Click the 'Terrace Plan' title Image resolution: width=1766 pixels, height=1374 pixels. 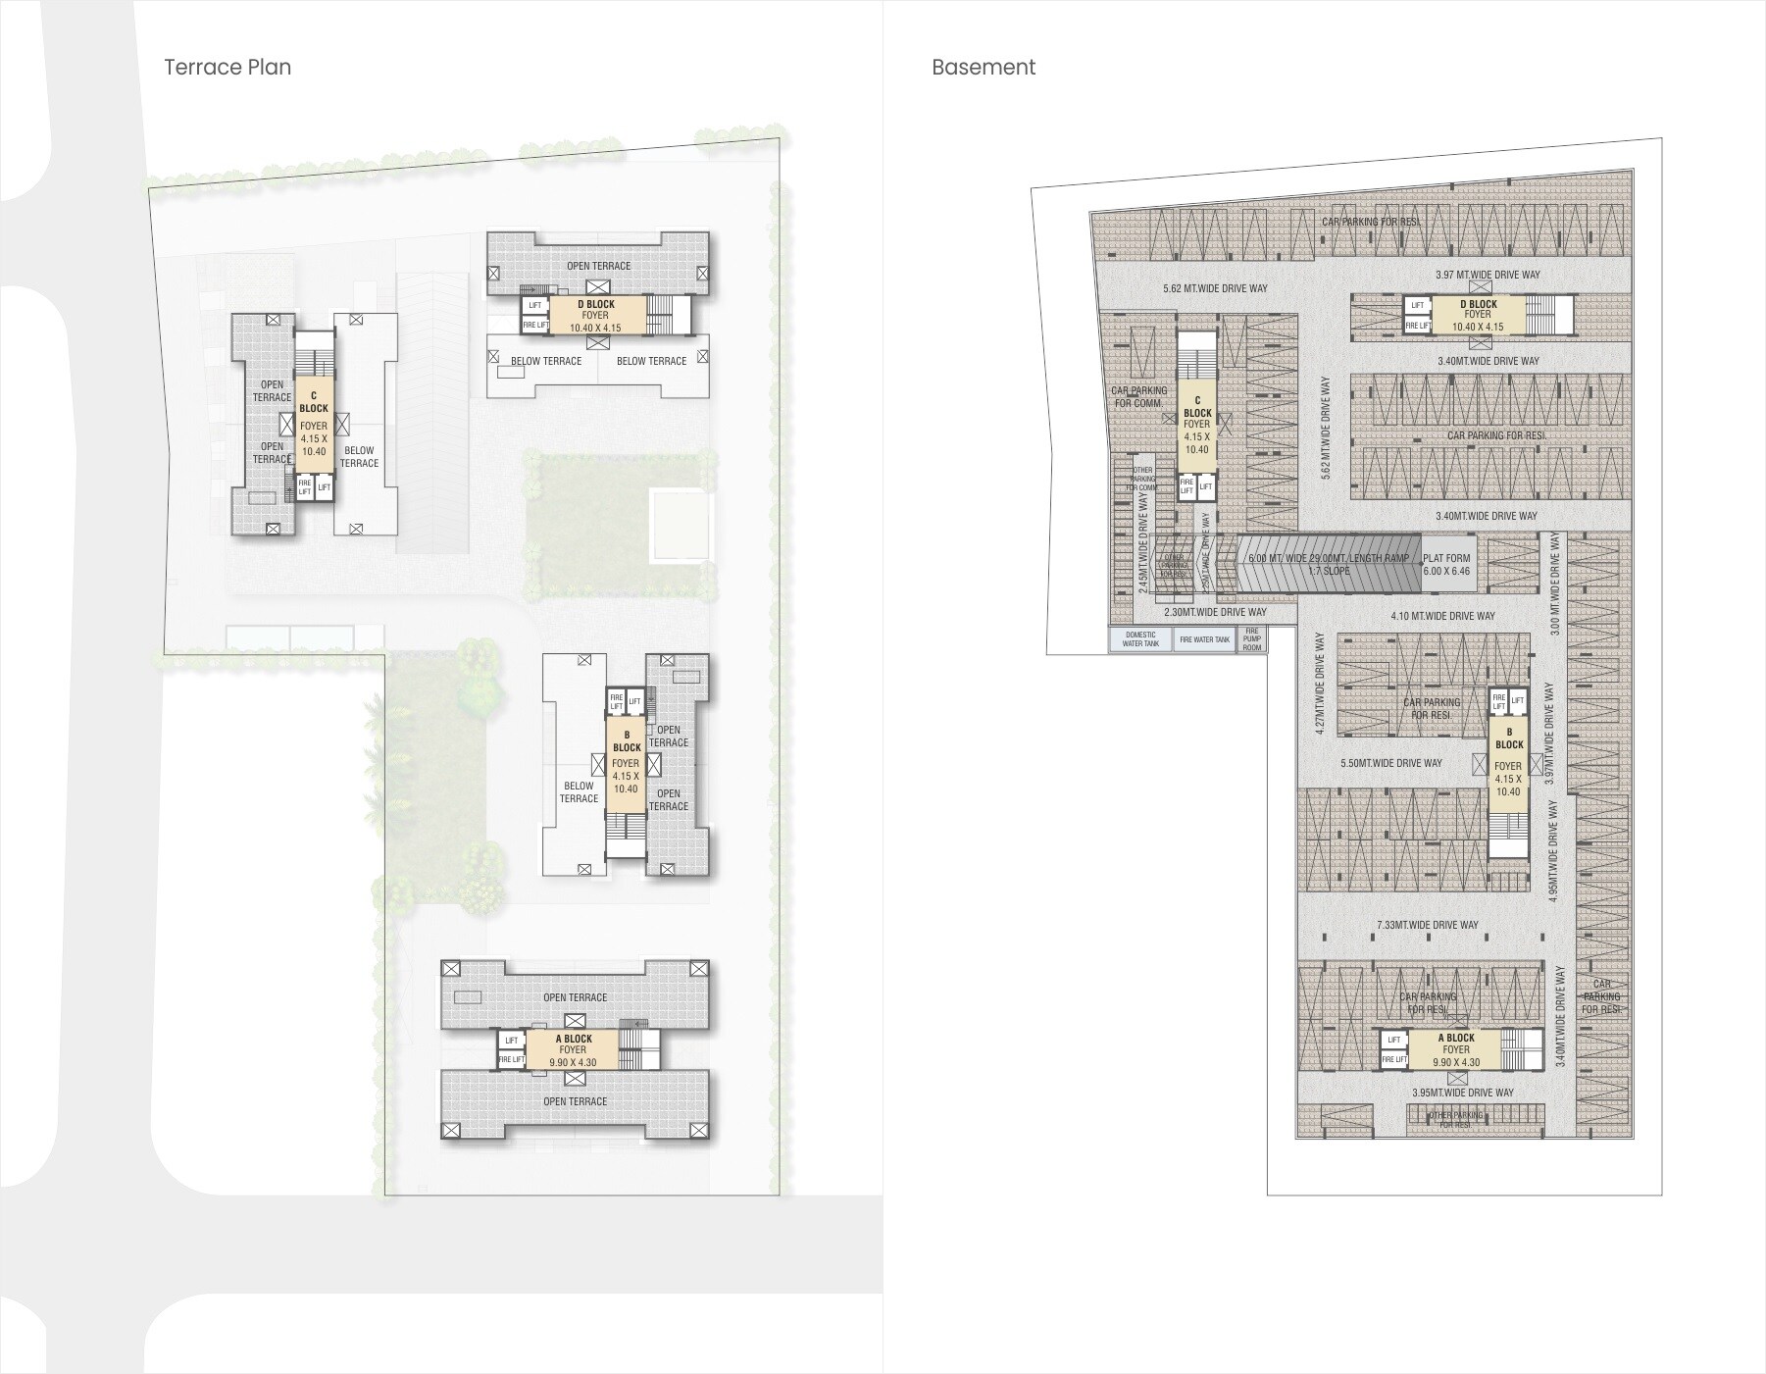(227, 67)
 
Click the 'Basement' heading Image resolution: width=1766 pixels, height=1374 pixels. (983, 67)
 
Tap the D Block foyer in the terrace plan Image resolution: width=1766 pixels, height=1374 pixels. (596, 316)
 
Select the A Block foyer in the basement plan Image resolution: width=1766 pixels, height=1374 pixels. (1455, 1049)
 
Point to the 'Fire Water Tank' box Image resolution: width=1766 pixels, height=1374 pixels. (1204, 639)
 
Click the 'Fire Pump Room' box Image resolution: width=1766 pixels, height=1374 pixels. (1252, 639)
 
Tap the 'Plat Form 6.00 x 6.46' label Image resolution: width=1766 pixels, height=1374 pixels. (1447, 564)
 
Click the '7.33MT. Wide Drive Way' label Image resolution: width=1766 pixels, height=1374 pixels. (1427, 925)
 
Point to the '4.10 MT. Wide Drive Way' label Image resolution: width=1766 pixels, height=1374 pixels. (1442, 616)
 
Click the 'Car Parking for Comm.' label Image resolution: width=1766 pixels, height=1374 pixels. (1138, 396)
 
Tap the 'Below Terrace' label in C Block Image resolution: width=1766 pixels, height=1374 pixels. (359, 457)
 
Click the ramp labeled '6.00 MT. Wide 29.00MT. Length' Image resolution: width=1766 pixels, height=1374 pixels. (1328, 564)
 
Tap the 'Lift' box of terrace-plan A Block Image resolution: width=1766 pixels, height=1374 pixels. (511, 1041)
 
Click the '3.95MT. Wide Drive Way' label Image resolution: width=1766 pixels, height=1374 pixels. (1462, 1093)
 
